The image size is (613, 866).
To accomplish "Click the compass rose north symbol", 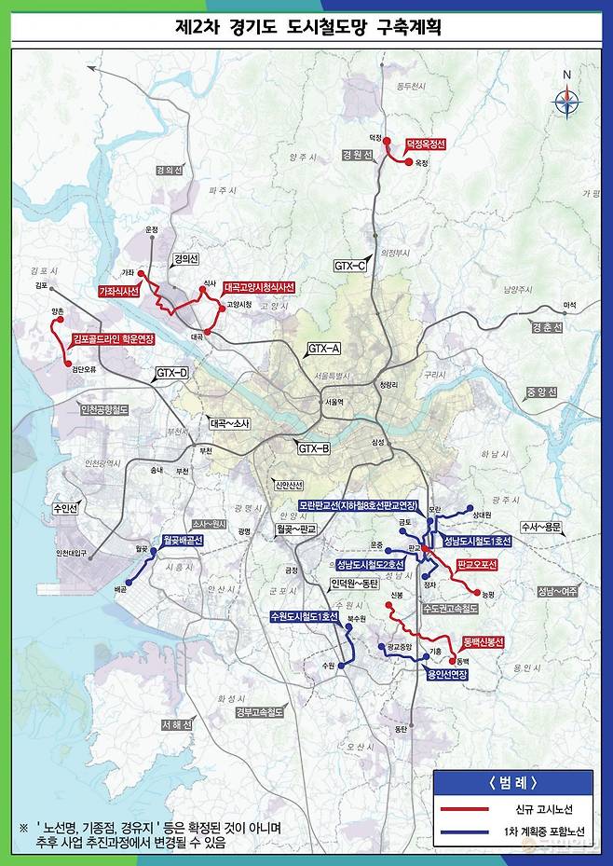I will coord(566,98).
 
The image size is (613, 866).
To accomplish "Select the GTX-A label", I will coord(323,349).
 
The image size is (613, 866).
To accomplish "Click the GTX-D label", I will coord(171,374).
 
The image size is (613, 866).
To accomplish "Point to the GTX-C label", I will coord(350,266).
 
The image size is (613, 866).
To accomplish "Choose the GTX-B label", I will coord(314,448).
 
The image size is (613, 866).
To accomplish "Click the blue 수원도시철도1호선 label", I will coord(302,616).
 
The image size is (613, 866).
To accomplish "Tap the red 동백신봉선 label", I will coord(483,642).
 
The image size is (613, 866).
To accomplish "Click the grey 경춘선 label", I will coord(547,328).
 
